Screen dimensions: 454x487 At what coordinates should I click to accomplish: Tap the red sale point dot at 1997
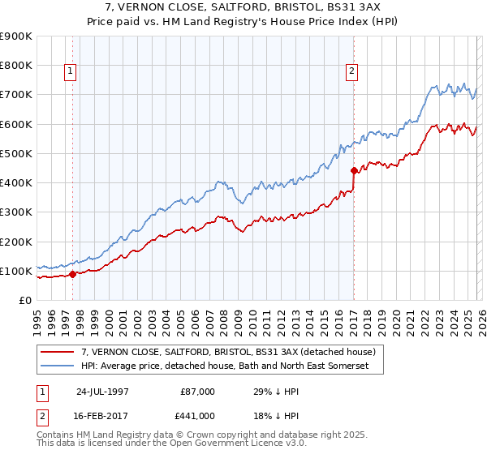pyautogui.click(x=73, y=274)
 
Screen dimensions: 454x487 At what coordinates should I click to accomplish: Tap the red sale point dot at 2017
pyautogui.click(x=354, y=170)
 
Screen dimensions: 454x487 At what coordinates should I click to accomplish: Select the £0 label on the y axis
pyautogui.click(x=24, y=300)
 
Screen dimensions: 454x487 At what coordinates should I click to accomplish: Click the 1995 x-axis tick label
pyautogui.click(x=37, y=319)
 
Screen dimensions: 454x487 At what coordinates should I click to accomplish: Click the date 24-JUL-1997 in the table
pyautogui.click(x=104, y=392)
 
